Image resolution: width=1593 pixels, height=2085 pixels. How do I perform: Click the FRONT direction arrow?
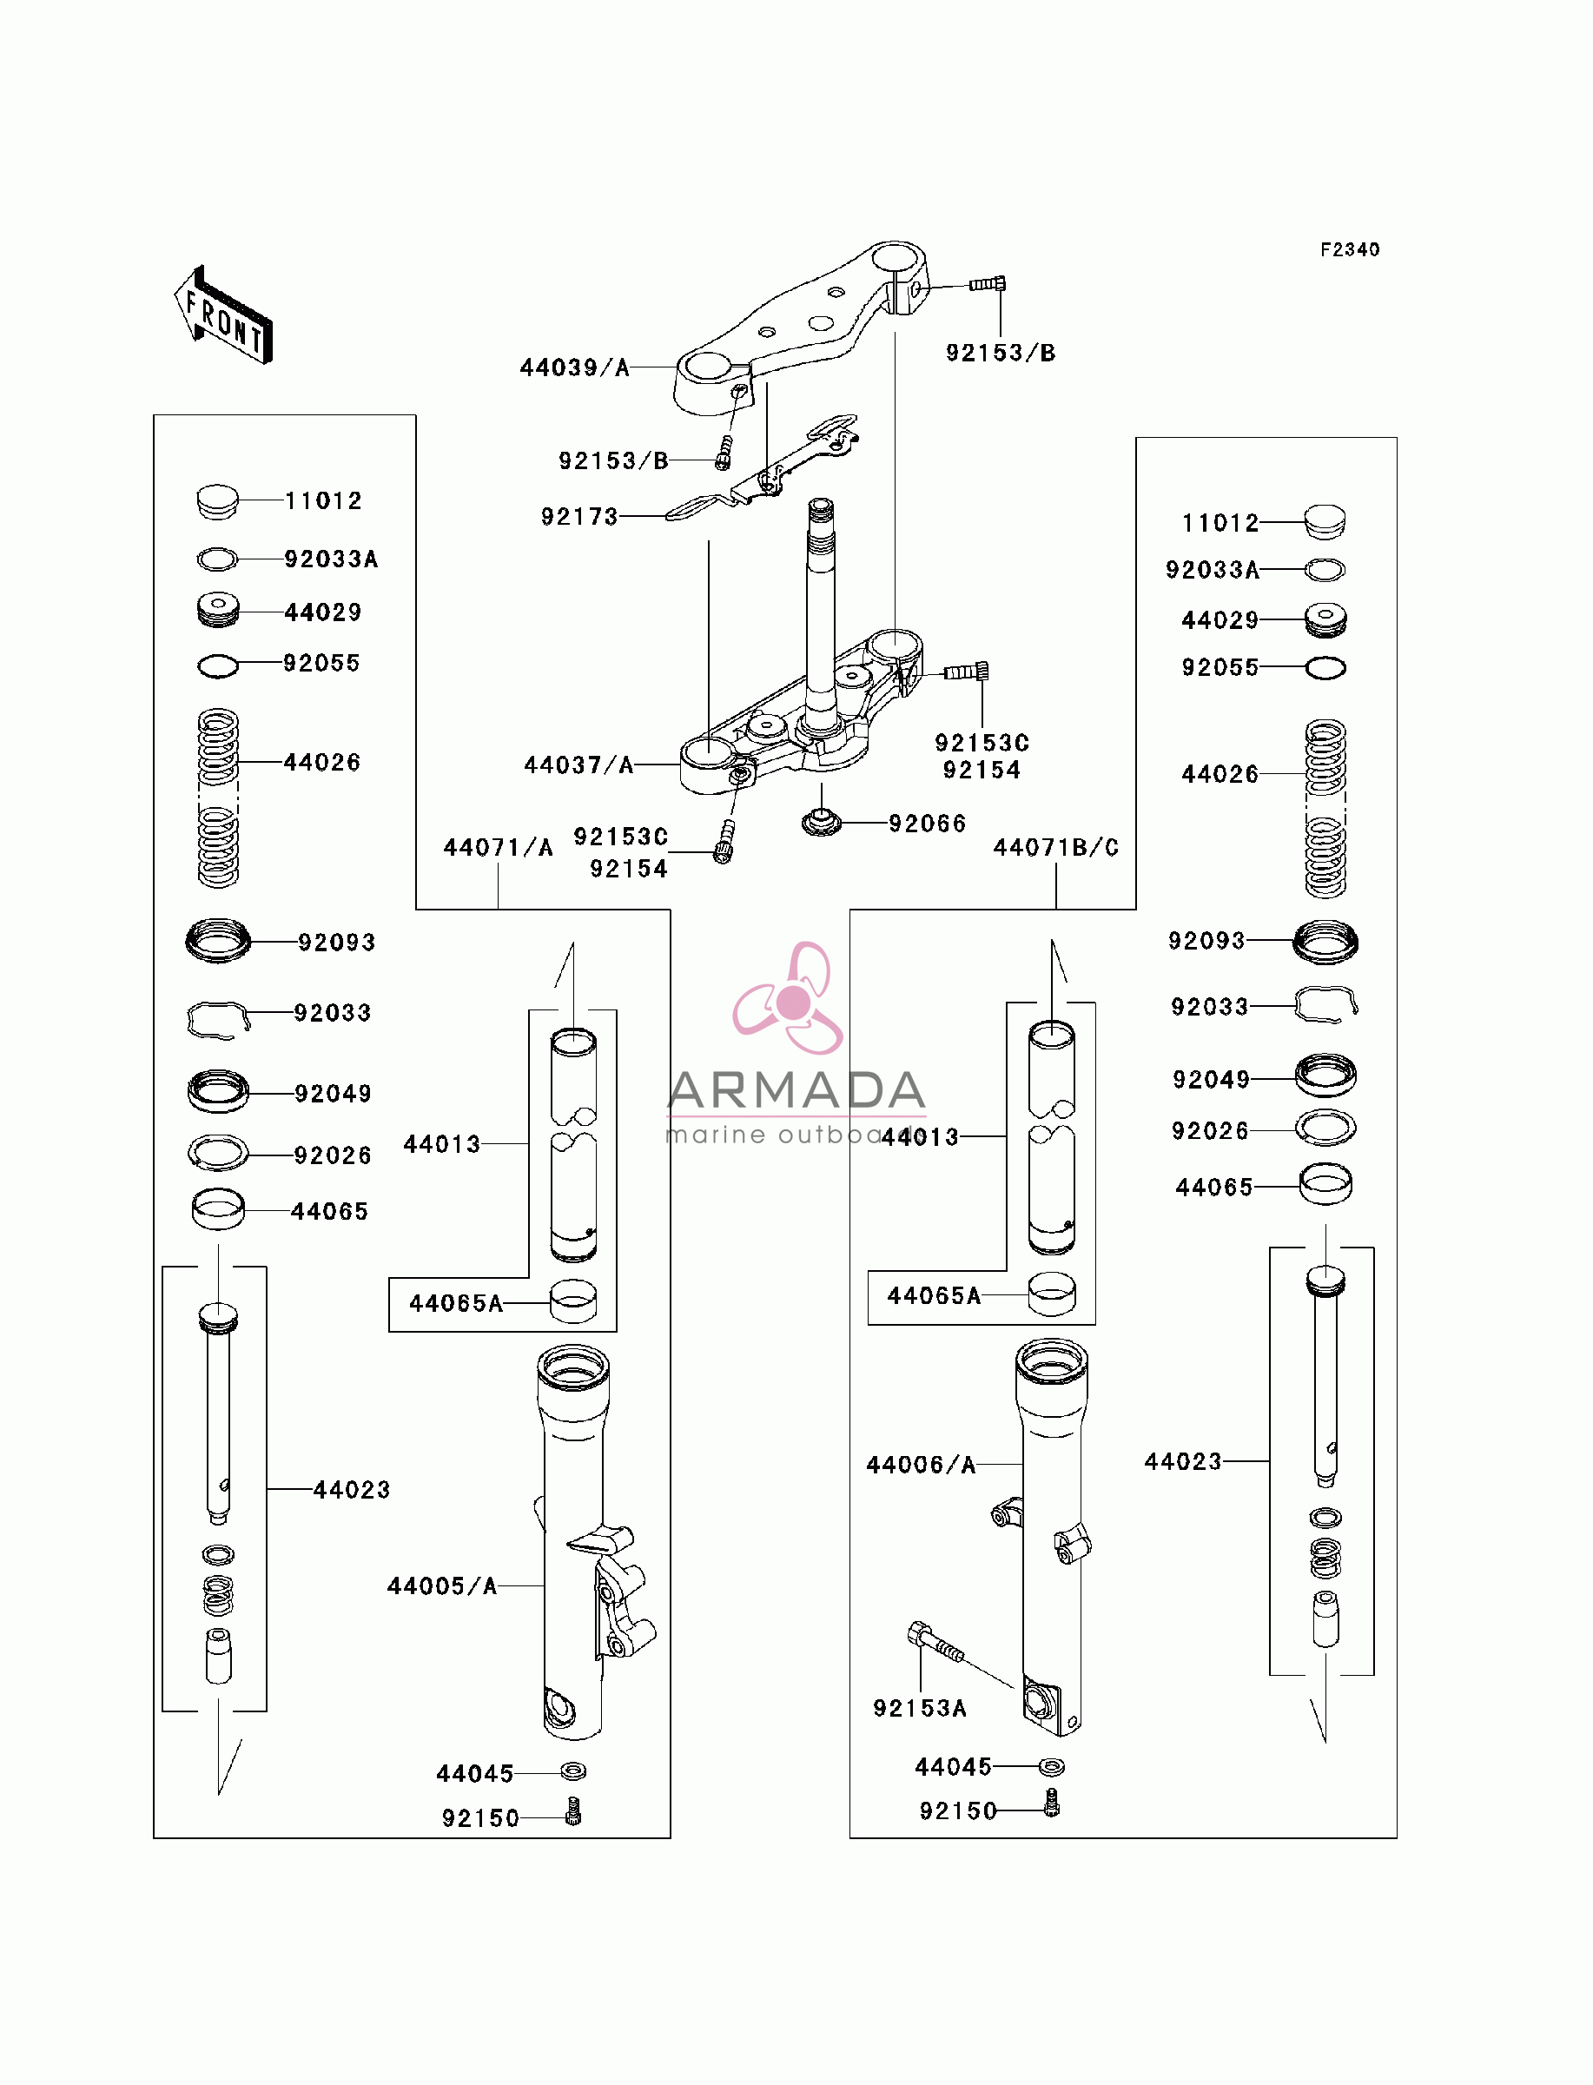pos(224,315)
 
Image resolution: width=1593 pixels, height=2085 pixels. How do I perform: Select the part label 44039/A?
pos(575,367)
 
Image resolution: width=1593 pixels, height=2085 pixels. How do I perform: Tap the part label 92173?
pos(579,517)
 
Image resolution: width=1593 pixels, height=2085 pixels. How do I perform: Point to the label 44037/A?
pos(578,765)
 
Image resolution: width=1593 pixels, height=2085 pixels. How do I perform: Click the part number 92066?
pos(928,824)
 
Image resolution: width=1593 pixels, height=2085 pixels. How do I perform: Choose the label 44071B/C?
pos(1056,848)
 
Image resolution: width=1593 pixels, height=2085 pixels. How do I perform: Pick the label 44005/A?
pos(442,1586)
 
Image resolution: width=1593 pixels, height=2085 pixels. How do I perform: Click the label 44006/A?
pos(921,1465)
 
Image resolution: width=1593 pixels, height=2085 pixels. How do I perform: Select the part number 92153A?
pos(920,1709)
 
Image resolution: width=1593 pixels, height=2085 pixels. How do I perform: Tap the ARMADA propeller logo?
pos(789,998)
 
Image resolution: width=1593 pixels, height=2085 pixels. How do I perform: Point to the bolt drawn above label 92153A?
pos(935,1642)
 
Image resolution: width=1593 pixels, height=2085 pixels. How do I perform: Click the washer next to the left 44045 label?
pos(573,1771)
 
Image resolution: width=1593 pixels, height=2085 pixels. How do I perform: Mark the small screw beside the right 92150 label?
pos(1051,1803)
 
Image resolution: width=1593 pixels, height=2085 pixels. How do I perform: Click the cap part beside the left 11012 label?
pos(217,501)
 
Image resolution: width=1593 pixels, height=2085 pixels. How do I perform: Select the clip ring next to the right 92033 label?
pos(1326,1005)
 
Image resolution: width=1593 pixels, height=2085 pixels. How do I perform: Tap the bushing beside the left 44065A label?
pos(573,1301)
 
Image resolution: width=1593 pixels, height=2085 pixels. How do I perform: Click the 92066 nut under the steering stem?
pos(821,821)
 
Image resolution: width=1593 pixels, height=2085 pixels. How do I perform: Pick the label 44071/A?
pos(498,848)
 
